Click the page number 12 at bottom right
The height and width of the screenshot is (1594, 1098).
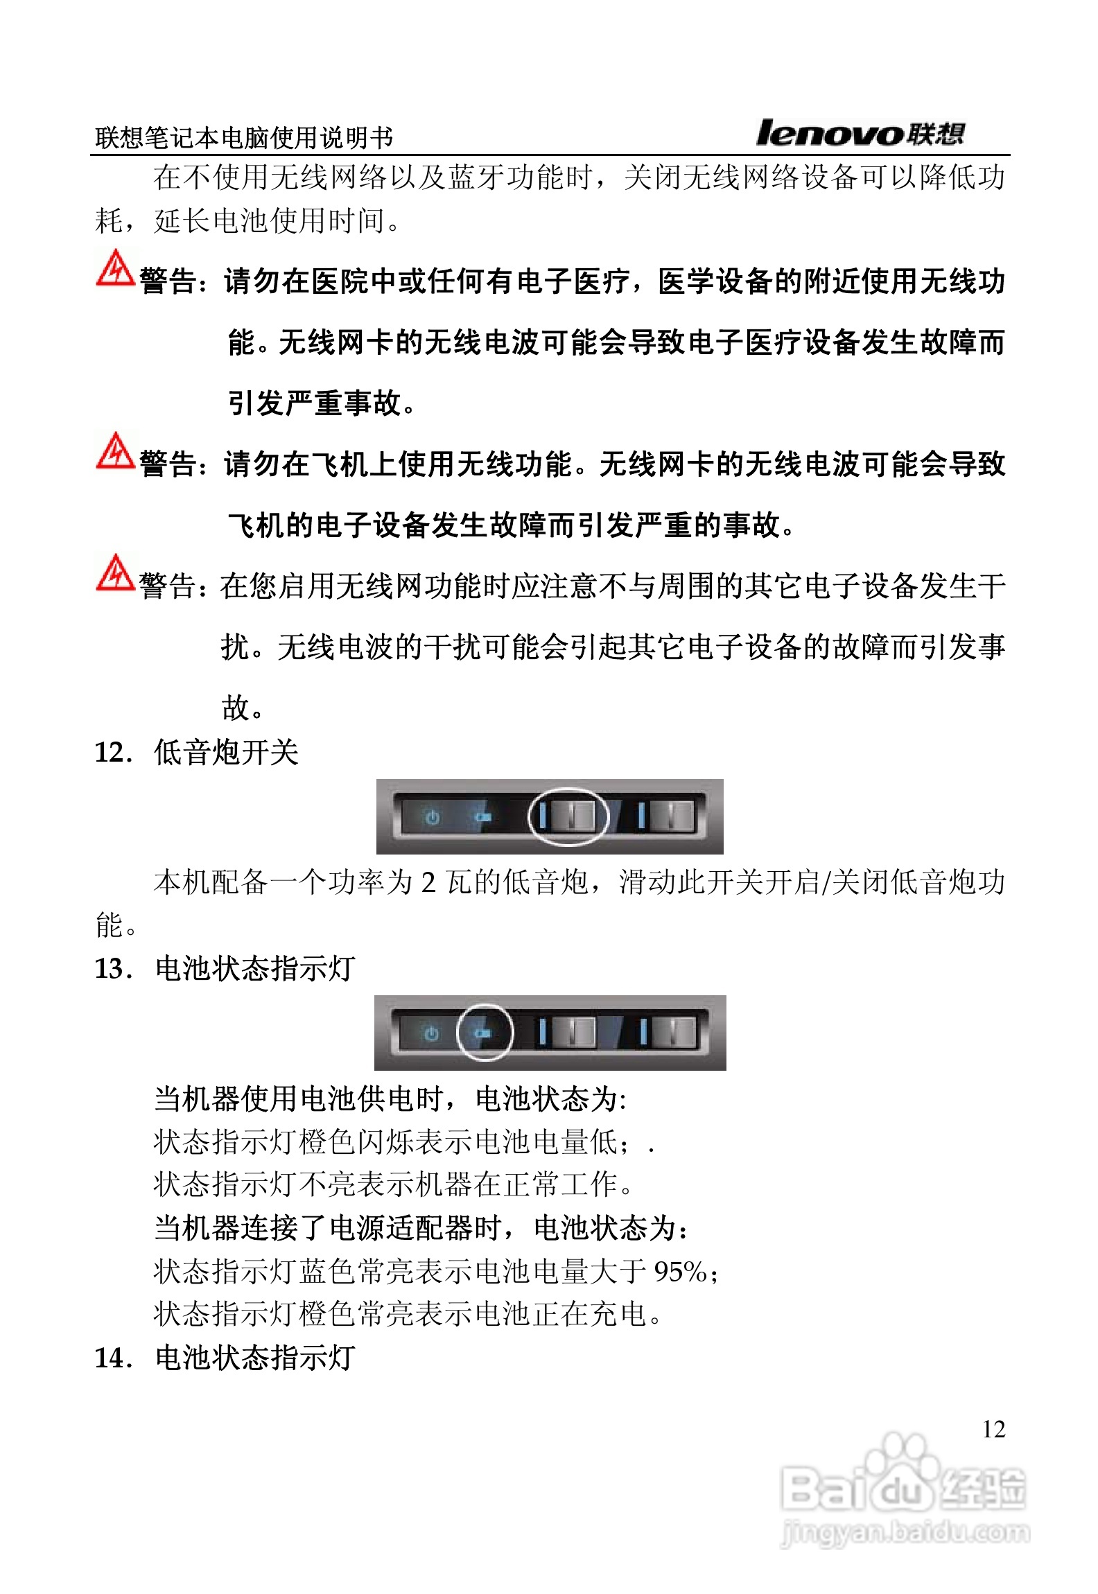tap(993, 1428)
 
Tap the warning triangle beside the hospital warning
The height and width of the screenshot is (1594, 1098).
tap(115, 269)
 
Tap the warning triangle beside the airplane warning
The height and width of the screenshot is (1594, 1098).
tap(115, 451)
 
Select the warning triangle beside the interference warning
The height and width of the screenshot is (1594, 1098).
tap(115, 573)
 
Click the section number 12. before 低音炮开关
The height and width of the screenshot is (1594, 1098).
tap(112, 753)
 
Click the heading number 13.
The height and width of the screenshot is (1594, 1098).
tap(112, 969)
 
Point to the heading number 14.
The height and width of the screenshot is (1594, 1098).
tap(112, 1358)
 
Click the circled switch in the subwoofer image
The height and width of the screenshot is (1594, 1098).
tap(568, 816)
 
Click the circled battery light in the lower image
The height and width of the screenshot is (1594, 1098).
tap(485, 1033)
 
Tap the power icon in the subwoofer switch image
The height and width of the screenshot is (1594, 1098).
tap(433, 817)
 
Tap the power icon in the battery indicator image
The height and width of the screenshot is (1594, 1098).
tap(431, 1033)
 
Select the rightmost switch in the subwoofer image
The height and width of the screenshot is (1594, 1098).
tap(668, 816)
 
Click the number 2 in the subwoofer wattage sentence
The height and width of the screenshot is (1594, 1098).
tap(428, 882)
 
